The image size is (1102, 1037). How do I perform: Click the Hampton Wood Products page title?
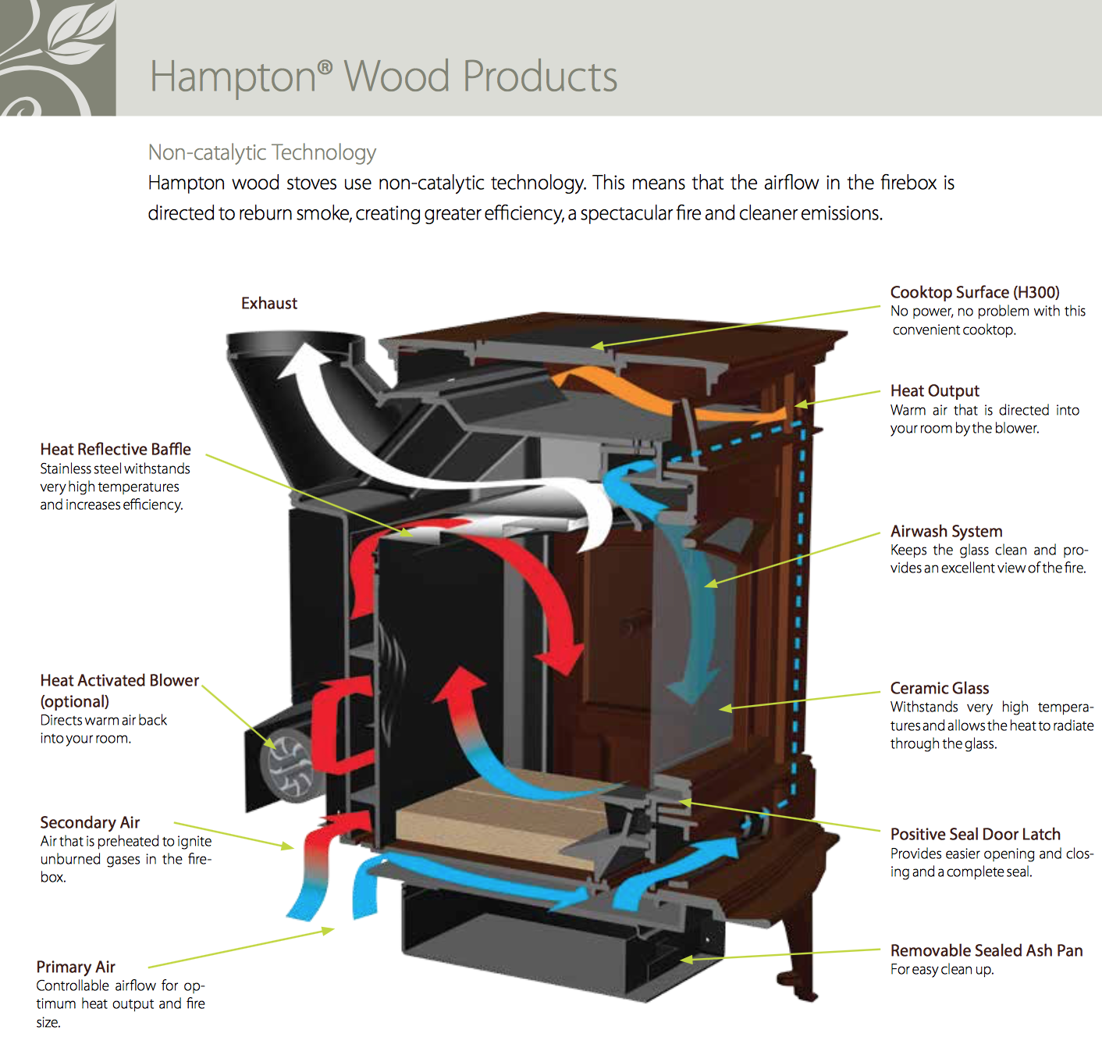pos(382,77)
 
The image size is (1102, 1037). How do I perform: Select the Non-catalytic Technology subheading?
pos(262,152)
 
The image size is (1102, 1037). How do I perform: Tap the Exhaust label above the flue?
pos(268,303)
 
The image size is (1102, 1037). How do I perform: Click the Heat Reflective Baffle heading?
pos(116,449)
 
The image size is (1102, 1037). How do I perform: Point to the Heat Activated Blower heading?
pos(119,680)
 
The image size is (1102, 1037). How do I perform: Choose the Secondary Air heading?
pos(90,822)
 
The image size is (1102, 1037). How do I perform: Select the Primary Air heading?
pos(76,967)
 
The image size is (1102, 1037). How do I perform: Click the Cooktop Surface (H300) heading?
pos(975,292)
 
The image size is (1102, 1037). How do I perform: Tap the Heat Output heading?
pos(934,390)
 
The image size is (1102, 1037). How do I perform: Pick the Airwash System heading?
pos(946,531)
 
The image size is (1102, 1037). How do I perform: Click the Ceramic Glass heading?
pos(940,688)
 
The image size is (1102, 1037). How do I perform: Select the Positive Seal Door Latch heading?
pos(975,834)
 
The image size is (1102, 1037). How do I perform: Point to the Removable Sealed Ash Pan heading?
pos(986,950)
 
